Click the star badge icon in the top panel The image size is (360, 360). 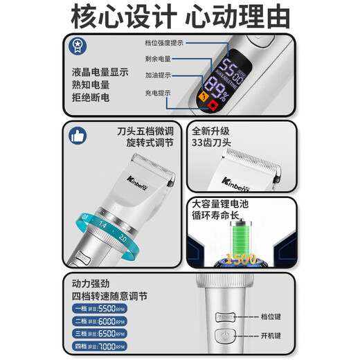tap(78, 47)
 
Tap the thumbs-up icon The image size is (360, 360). tap(78, 136)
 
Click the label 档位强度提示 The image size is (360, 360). tap(164, 42)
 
